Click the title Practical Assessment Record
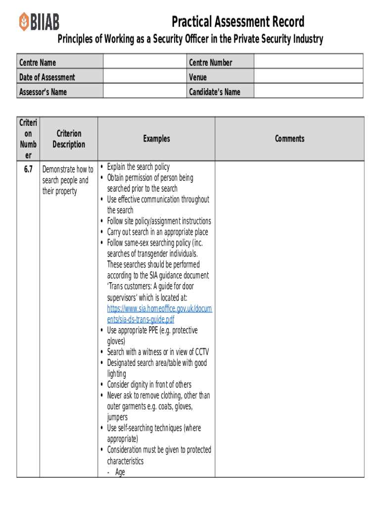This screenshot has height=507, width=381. [238, 22]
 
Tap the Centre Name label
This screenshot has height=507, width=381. [38, 62]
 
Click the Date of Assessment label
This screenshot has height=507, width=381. [47, 77]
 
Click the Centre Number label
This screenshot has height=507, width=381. [210, 62]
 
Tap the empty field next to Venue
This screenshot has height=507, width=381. [308, 77]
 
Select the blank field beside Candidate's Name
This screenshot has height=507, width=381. [308, 92]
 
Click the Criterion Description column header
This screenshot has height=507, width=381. [69, 139]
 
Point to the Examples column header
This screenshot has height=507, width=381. [156, 139]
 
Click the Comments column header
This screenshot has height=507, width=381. [289, 139]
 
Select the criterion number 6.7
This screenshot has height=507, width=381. [28, 169]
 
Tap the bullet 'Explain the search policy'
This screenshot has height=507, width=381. [138, 167]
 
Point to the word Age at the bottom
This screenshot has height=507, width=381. [120, 472]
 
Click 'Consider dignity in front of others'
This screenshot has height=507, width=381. [149, 385]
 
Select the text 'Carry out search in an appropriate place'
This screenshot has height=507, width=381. [157, 232]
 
